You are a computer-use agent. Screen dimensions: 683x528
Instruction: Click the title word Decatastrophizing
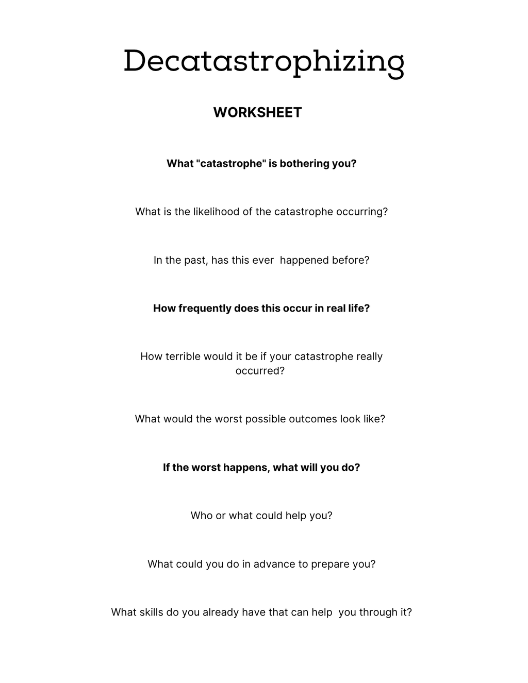pos(263,62)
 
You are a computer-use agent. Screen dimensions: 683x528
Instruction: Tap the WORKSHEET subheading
pos(257,112)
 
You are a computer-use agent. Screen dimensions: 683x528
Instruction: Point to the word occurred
pos(259,371)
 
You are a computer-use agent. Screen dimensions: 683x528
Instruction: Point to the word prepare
pos(330,564)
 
